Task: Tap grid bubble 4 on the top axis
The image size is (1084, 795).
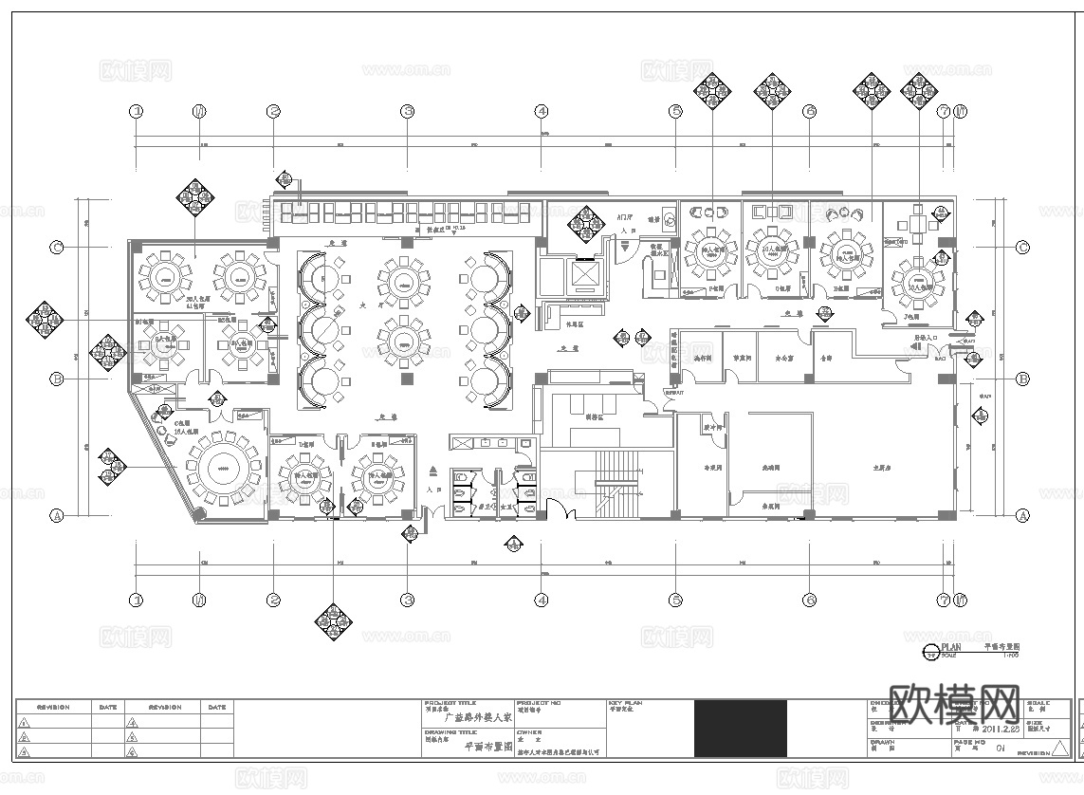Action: click(542, 112)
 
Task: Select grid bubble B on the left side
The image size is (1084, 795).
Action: click(56, 379)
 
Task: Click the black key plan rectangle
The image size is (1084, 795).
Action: click(740, 728)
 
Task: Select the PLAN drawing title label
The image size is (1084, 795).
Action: click(950, 645)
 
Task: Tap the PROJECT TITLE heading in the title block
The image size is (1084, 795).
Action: click(448, 704)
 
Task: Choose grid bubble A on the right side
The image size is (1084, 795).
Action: click(1022, 516)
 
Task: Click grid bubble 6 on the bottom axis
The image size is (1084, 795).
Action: click(810, 600)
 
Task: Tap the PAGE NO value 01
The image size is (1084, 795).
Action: click(999, 749)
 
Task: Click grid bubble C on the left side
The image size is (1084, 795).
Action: click(56, 248)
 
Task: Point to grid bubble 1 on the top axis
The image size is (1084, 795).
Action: click(137, 112)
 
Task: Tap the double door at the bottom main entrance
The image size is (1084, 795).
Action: click(557, 513)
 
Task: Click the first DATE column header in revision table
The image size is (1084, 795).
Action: click(107, 707)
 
